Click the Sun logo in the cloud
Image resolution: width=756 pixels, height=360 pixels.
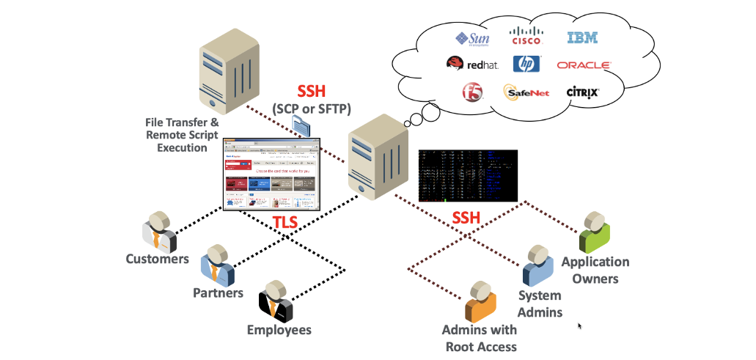coord(472,38)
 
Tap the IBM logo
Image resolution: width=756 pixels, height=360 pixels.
coord(582,38)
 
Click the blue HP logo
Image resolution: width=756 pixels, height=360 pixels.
coord(526,65)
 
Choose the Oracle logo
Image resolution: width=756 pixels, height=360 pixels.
coord(584,65)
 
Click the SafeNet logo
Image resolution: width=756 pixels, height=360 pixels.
coord(526,92)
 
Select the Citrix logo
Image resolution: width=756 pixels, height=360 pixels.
coord(583,92)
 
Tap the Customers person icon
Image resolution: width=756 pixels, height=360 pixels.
coord(159,233)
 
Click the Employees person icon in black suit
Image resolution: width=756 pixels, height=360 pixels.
coord(276,300)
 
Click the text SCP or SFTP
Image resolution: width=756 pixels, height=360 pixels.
coord(312,109)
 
